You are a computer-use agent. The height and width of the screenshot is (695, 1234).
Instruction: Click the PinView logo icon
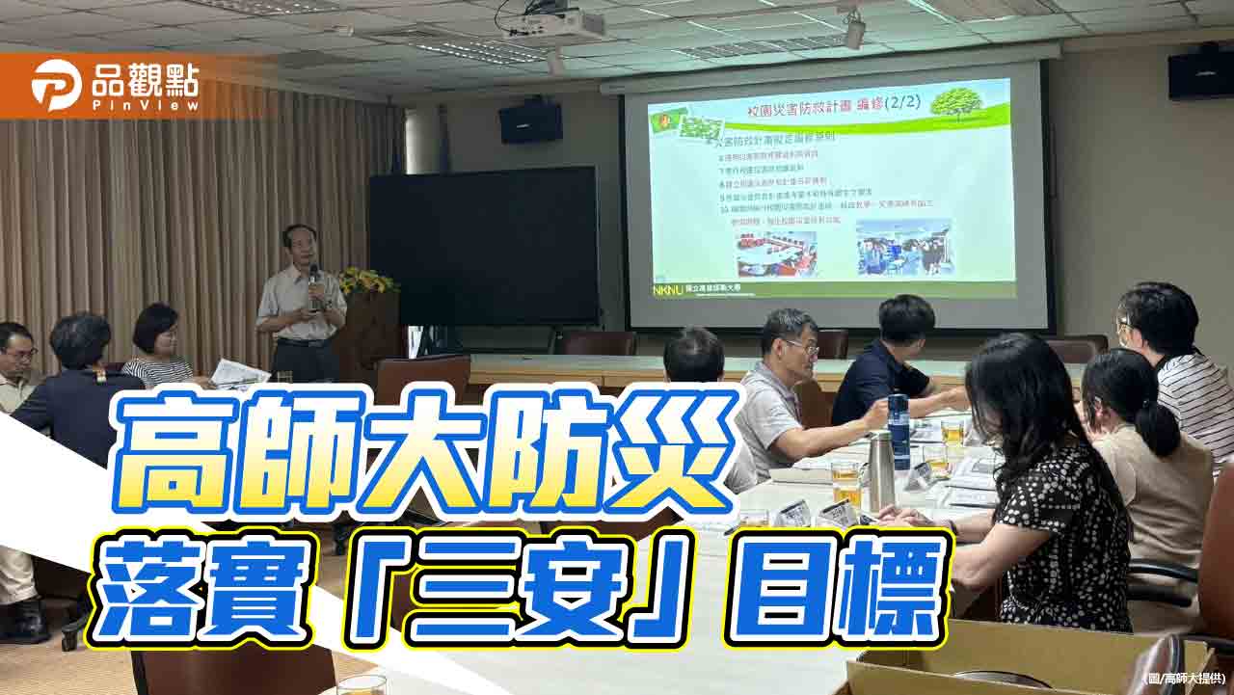click(56, 85)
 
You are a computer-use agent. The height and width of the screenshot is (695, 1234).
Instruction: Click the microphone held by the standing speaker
click(313, 279)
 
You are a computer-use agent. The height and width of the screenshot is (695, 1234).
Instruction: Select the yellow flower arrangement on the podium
click(365, 281)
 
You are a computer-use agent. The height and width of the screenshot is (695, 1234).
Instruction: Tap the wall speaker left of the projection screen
click(530, 122)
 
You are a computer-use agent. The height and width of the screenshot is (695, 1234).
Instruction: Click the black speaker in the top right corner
click(1200, 74)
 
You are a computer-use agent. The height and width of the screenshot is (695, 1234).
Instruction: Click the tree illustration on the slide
click(955, 101)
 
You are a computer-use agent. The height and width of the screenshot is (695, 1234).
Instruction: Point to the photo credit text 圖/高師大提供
click(1187, 679)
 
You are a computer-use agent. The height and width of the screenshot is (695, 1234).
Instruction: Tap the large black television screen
click(483, 246)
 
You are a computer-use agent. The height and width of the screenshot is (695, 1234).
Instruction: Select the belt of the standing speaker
click(302, 342)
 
